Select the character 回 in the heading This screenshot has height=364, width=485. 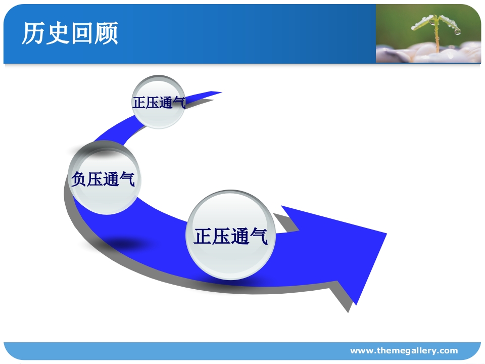coord(82,33)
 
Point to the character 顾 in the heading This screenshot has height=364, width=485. coord(106,33)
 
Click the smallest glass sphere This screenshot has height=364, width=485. coord(159,102)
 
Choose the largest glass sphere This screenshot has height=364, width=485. coord(231,236)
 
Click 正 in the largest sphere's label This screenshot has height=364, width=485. coord(203,237)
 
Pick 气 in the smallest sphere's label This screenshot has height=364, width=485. coord(179,103)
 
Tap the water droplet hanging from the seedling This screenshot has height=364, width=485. coord(457,31)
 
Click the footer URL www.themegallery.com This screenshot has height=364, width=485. coord(404,351)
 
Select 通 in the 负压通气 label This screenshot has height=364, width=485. coord(111,179)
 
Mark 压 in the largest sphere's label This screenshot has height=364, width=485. coord(221,237)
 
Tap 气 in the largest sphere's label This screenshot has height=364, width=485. coord(259,237)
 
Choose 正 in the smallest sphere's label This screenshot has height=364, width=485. coord(139,103)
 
